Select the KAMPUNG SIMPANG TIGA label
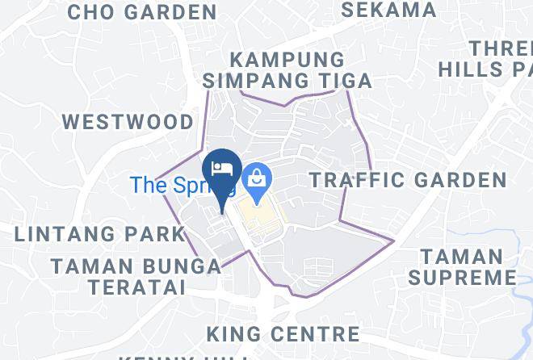pyautogui.click(x=287, y=70)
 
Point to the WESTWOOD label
pyautogui.click(x=128, y=122)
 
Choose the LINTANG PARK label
pyautogui.click(x=100, y=234)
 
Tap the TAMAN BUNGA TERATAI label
pyautogui.click(x=136, y=275)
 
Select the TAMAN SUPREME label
pyautogui.click(x=462, y=267)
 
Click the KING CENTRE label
pyautogui.click(x=283, y=333)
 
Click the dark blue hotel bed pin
pyautogui.click(x=222, y=172)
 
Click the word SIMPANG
pyautogui.click(x=250, y=81)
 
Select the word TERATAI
pyautogui.click(x=137, y=287)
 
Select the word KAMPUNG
pyautogui.click(x=287, y=60)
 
